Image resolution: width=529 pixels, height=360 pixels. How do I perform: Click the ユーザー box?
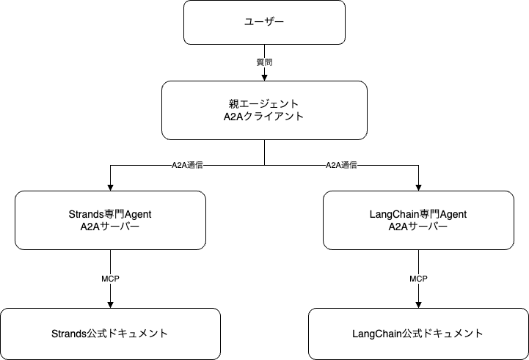264,22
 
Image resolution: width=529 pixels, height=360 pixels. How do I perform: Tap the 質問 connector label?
264,63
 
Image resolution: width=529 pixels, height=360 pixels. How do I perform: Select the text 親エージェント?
264,103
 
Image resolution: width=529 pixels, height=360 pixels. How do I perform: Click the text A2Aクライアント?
264,117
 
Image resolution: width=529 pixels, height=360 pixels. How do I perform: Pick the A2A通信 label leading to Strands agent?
187,166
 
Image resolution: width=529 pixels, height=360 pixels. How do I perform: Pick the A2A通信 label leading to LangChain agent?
341,166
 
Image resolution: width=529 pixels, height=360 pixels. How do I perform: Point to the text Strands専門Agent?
109,213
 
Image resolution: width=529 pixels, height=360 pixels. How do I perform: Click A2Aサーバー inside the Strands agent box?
109,227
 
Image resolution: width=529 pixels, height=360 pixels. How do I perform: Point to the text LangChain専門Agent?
417,213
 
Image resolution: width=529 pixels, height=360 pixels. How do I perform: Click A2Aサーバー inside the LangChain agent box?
417,227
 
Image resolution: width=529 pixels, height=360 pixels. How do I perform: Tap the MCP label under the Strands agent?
110,279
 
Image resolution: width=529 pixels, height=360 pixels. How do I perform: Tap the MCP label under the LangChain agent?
418,279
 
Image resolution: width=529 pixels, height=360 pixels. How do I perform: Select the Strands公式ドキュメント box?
110,334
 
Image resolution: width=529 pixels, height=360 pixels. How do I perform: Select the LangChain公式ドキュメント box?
418,334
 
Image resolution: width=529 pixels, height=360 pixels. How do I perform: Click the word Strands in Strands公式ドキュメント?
68,334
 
